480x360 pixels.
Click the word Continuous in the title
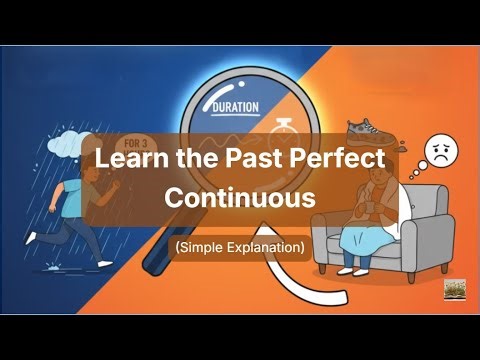(x=239, y=197)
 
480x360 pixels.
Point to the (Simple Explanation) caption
(x=239, y=245)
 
